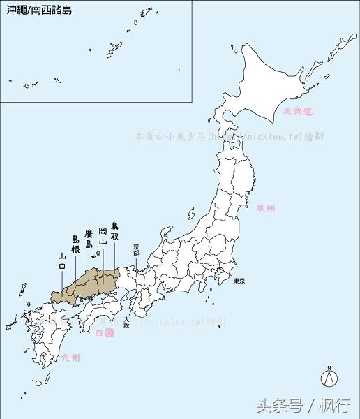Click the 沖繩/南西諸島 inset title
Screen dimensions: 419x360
click(x=39, y=11)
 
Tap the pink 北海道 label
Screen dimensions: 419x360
click(x=299, y=111)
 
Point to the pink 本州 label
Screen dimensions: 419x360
click(x=266, y=208)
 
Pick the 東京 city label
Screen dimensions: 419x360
click(x=239, y=280)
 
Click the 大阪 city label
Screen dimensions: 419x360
click(x=126, y=321)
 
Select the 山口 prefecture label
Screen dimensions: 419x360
click(x=62, y=262)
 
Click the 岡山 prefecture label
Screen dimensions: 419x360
click(x=103, y=235)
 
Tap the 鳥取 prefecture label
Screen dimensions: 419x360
click(x=115, y=230)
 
